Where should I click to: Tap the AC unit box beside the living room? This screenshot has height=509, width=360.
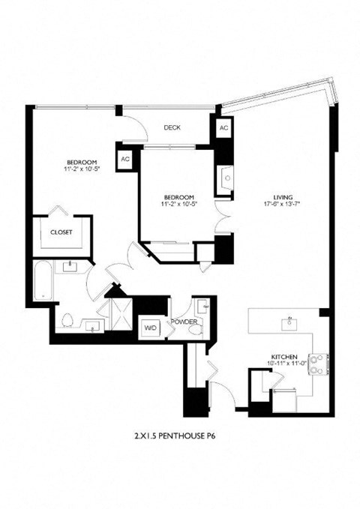click(223, 127)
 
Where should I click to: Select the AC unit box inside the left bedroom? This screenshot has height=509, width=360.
click(125, 160)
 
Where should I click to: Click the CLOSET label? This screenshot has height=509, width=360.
click(61, 232)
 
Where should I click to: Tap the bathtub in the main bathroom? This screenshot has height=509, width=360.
click(41, 283)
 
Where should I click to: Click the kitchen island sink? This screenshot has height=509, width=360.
click(287, 324)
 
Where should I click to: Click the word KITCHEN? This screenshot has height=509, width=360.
click(285, 356)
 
